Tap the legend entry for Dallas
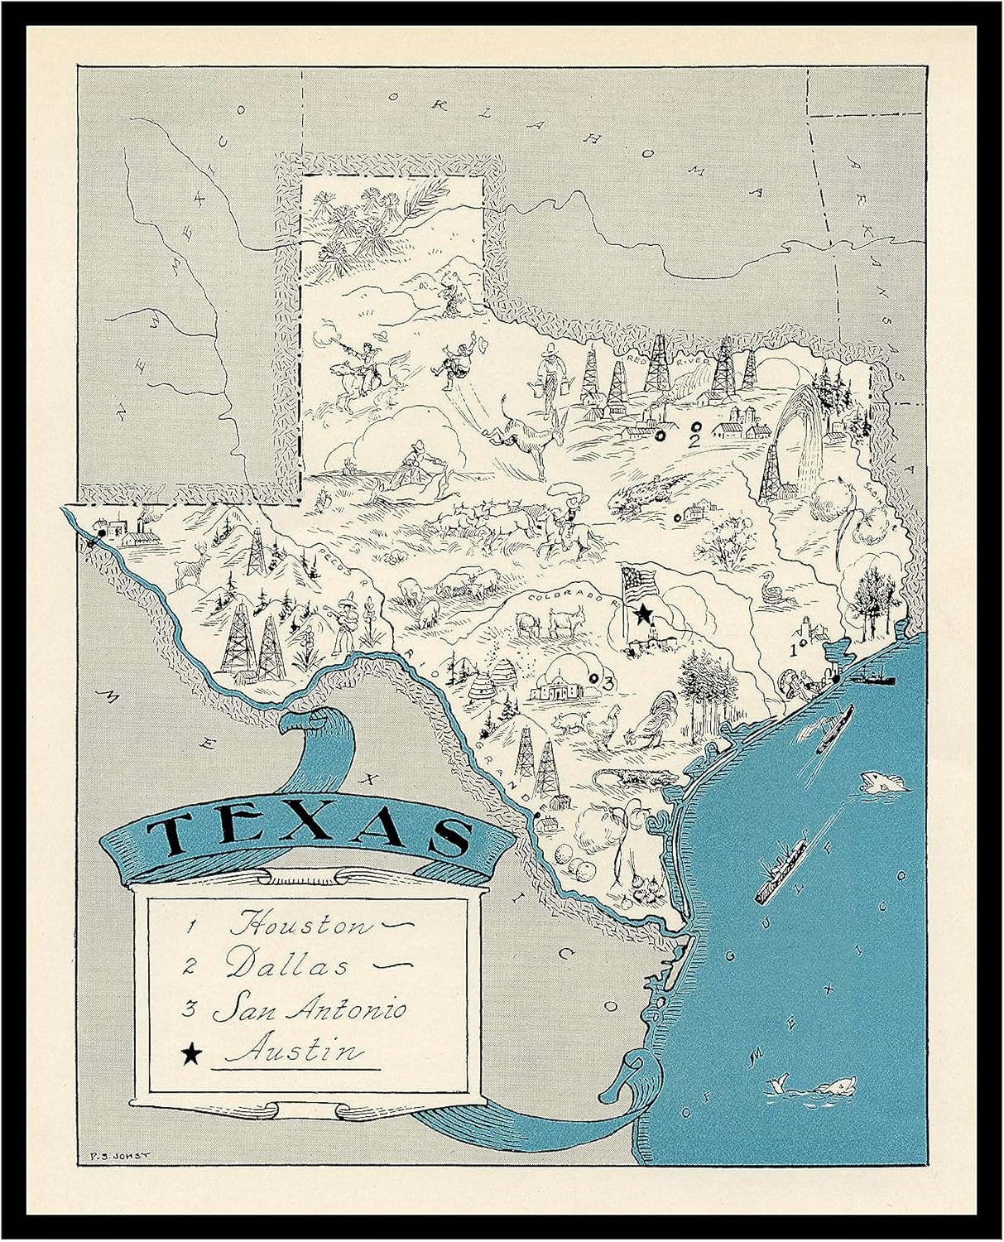pyautogui.click(x=286, y=965)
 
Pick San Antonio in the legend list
pyautogui.click(x=309, y=1009)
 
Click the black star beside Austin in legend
pyautogui.click(x=191, y=1053)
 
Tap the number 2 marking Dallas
pyautogui.click(x=694, y=440)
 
